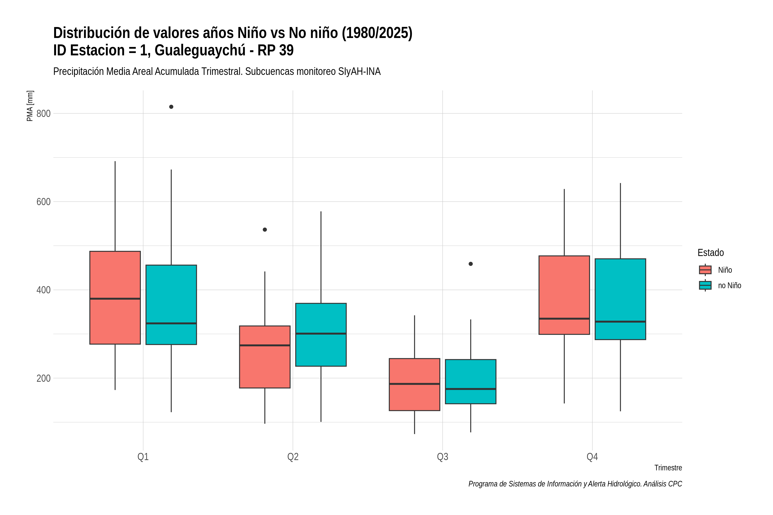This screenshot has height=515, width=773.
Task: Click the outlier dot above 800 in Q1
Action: (171, 107)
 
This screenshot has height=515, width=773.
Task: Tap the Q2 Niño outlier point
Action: (265, 230)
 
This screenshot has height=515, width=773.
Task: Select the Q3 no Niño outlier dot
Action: (471, 264)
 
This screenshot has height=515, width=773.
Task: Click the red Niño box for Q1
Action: (115, 298)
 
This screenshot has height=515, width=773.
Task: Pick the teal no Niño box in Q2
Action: (321, 335)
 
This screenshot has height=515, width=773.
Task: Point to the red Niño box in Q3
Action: (414, 385)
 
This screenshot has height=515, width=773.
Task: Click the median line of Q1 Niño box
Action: (115, 298)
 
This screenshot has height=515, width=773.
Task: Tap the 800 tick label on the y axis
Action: (43, 114)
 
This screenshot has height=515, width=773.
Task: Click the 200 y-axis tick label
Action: (43, 378)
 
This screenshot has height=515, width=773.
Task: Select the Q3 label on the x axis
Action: (442, 457)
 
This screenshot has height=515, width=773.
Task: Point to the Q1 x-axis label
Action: (143, 457)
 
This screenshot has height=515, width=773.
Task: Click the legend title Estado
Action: (711, 253)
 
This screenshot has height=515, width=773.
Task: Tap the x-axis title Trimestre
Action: (668, 468)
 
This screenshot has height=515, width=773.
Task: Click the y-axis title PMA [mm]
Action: (30, 106)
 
